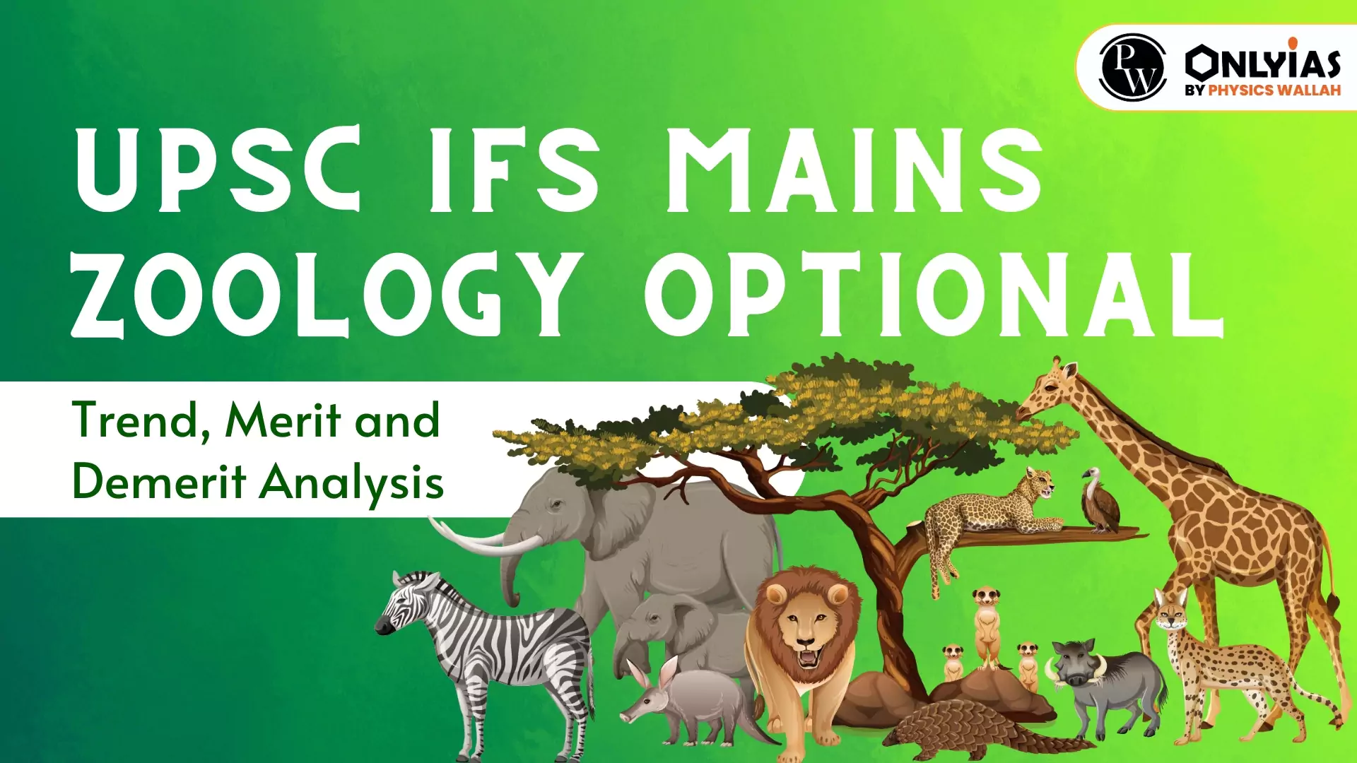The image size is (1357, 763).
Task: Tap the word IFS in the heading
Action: point(515,170)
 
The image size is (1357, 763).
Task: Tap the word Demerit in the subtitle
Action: point(158,483)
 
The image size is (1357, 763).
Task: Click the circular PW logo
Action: point(1133,68)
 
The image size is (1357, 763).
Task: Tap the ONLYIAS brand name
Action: point(1262,62)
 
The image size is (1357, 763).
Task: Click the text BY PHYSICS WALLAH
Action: point(1262,90)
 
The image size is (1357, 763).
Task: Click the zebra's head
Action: point(403,605)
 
